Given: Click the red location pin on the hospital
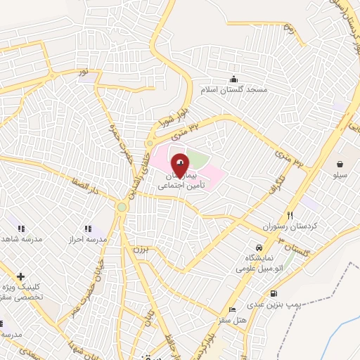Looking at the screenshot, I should coord(181,165).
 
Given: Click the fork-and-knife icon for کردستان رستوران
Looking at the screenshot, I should coord(290,215).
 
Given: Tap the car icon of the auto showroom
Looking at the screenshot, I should coord(259,248).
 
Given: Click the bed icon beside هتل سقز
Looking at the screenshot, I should coord(232,310).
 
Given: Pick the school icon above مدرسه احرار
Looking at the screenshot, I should coord(88,229).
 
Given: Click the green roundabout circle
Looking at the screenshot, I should coord(122,207).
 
